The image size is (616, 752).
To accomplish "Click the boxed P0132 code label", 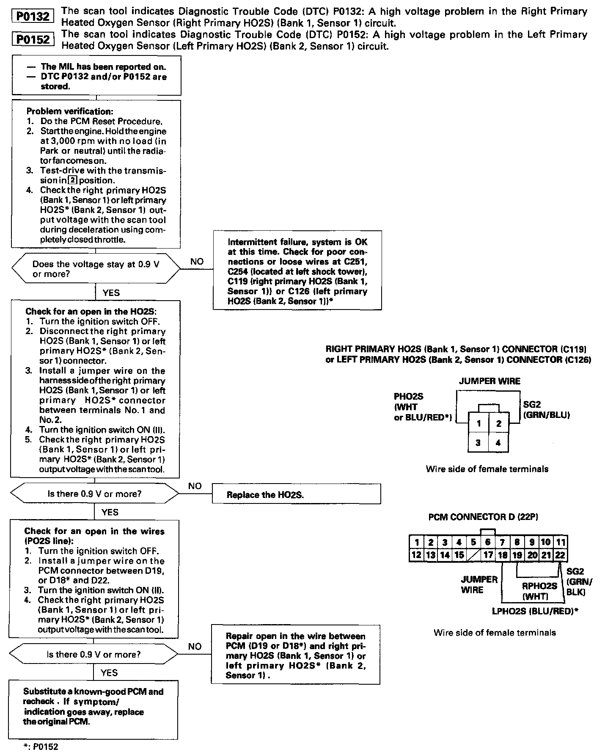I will pos(33,17).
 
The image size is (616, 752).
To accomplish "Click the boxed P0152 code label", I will pos(33,40).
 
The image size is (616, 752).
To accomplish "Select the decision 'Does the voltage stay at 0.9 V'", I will pos(96,269).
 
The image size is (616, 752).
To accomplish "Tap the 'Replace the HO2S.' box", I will pos(296,494).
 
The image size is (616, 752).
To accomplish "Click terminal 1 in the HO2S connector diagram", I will pos(478,423).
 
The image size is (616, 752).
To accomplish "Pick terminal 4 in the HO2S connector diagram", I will pos(498,443).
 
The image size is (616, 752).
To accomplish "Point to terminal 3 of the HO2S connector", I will pos(478,443).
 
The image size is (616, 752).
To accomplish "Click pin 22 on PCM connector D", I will pos(560,555).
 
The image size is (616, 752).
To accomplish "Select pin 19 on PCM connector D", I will pos(517,555).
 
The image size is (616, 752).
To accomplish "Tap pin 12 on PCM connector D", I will pos(416,555).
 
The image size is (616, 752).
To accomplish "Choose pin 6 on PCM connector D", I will pos(488,542).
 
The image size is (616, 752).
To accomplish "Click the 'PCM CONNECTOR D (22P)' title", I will pos(483,517).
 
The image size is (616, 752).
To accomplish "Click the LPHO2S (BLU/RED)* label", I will pos(535,611).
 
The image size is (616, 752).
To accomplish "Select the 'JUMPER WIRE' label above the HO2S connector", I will pos(489,381).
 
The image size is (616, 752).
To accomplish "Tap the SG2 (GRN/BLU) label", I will pos(546,410).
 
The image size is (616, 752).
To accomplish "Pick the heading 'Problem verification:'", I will pos(70,111).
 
